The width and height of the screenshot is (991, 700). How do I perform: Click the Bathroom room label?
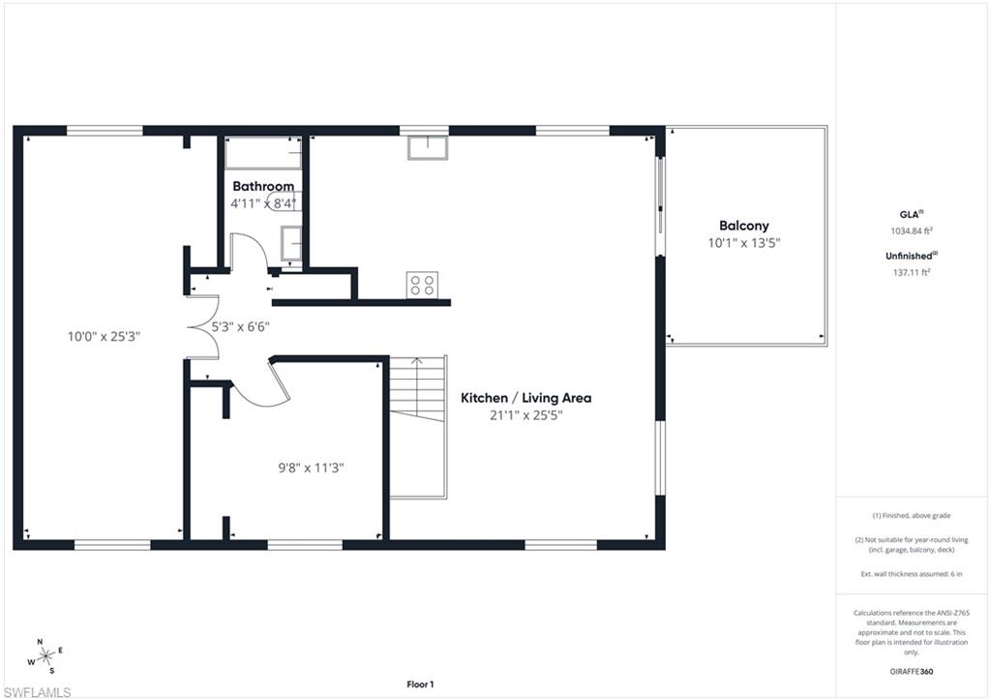262,186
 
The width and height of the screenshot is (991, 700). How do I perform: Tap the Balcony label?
743,226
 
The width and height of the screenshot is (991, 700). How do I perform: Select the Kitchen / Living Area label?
526,398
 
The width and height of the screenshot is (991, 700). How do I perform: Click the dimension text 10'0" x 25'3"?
104,337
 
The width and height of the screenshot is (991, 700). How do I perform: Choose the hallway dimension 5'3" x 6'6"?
240,327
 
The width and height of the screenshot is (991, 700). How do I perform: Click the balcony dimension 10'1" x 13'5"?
743,243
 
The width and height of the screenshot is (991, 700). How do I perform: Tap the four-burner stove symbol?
422,285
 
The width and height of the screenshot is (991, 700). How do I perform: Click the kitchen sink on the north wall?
426,148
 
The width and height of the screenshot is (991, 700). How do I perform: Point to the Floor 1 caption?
419,685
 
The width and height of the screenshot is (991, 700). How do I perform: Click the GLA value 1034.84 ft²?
911,231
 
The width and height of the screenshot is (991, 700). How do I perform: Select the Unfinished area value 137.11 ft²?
911,272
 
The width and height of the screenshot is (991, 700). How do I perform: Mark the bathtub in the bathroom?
263,154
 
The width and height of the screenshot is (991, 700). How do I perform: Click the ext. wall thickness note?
913,575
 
